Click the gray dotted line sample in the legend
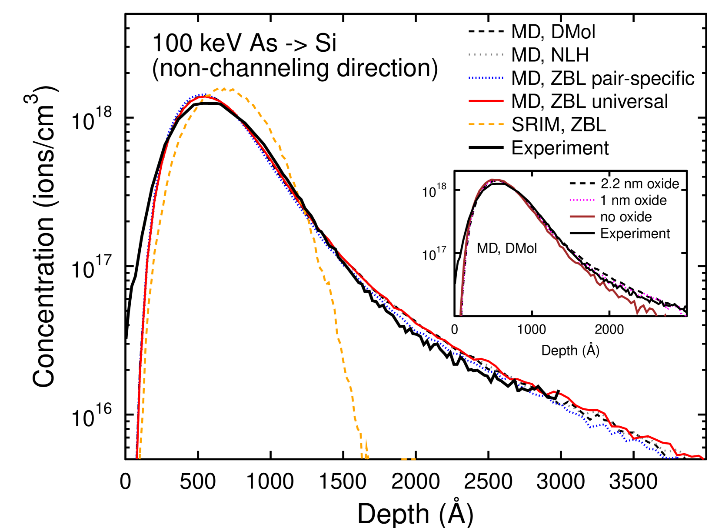486,55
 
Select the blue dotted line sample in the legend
486,78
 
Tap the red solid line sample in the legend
486,101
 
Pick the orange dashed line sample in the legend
486,124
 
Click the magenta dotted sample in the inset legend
582,200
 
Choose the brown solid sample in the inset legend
582,217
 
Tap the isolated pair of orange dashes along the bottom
408,459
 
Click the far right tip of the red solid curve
703,458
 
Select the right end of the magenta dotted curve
685,315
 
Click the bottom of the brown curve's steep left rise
461,314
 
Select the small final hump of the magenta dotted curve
674,307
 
